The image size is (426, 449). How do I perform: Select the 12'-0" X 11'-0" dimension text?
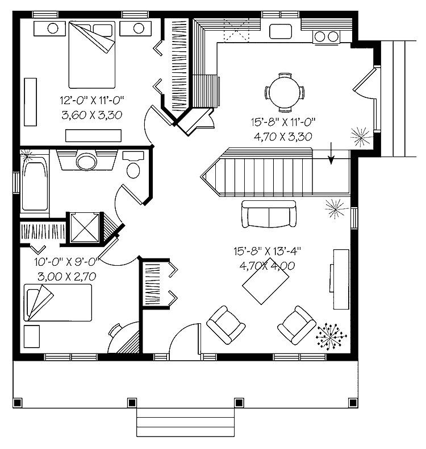tap(92, 101)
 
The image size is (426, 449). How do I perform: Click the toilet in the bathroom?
tap(135, 166)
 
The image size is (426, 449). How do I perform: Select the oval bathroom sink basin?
tap(86, 162)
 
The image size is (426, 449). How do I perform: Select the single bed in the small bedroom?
tap(57, 303)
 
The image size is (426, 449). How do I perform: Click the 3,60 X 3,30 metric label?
tap(92, 116)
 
